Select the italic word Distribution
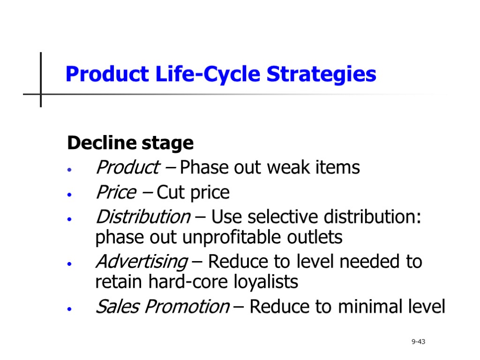[142, 217]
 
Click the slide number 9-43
[418, 342]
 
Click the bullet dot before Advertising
[69, 264]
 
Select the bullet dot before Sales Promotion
[69, 309]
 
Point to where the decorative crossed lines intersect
[41, 94]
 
